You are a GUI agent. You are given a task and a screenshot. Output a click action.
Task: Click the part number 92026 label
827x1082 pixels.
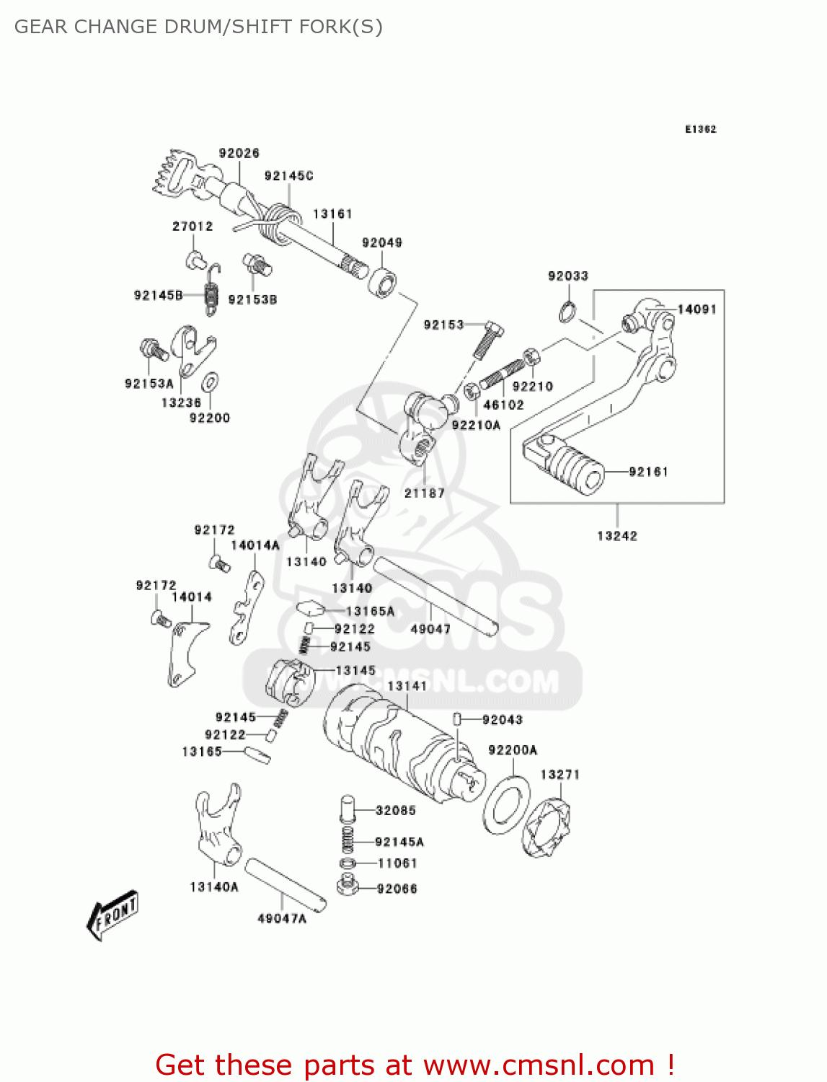point(239,153)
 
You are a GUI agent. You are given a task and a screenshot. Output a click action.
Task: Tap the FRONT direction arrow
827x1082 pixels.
point(112,915)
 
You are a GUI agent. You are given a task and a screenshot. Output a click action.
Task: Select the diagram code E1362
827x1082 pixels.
point(700,129)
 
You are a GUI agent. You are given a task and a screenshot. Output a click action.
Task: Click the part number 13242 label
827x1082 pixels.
point(616,536)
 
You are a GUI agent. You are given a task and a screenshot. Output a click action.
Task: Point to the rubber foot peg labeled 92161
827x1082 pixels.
point(577,470)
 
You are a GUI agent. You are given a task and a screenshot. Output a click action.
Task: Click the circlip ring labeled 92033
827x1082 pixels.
point(567,312)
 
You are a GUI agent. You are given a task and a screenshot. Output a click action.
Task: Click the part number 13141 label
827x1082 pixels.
point(407,686)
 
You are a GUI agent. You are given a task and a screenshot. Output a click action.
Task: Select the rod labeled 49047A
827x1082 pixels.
point(286,884)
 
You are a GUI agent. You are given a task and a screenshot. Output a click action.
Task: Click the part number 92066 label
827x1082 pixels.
point(397,889)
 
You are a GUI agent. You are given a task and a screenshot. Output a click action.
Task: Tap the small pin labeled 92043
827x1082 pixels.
point(457,719)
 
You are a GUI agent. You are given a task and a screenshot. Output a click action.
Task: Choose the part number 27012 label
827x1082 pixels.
point(193,226)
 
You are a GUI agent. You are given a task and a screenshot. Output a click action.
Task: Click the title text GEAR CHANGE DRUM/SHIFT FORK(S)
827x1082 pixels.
point(198,27)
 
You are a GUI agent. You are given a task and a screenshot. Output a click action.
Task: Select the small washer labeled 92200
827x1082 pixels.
point(211,382)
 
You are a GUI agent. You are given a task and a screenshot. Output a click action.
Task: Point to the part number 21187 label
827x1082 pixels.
point(424,493)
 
